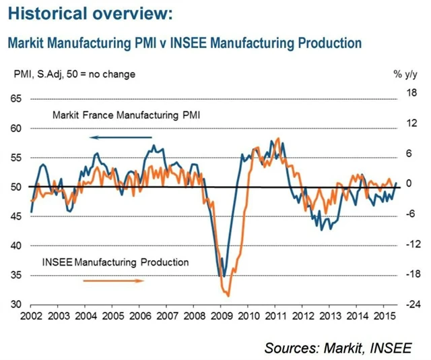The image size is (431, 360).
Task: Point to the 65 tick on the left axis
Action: click(x=15, y=98)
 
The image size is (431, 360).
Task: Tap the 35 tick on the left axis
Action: click(x=15, y=275)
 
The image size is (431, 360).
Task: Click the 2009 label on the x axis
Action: click(x=222, y=315)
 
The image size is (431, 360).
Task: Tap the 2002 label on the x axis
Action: click(x=31, y=315)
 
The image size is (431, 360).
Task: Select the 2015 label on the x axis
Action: click(x=385, y=315)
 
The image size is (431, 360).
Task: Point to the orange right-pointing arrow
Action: click(x=112, y=280)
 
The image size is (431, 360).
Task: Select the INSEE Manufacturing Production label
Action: click(x=115, y=262)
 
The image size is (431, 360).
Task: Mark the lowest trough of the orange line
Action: click(x=228, y=295)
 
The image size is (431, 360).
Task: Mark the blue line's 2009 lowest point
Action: click(x=223, y=276)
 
